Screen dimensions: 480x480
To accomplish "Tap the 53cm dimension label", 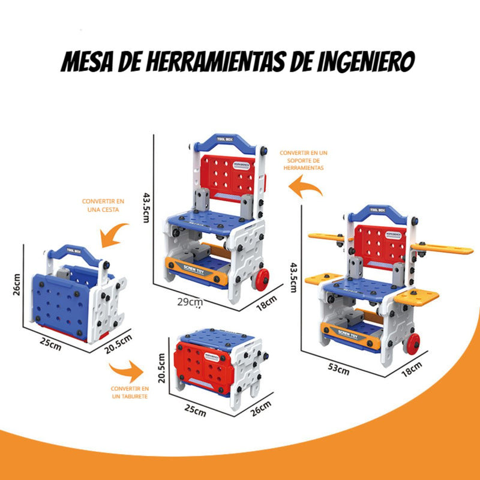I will point(339,370).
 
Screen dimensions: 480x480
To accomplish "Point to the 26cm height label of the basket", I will point(17,286).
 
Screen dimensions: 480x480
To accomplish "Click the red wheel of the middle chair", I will point(262,279).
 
